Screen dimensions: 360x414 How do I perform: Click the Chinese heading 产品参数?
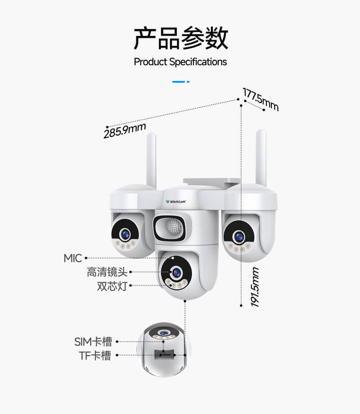coord(180,38)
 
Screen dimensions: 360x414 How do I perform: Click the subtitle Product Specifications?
coord(180,62)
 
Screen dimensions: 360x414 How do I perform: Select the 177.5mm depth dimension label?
coord(261,99)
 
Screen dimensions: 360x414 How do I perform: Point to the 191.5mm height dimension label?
coord(255,287)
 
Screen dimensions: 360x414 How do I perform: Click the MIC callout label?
coord(72,258)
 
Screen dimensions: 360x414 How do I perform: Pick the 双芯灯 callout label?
coord(112,286)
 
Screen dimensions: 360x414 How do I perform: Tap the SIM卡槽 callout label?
coord(93,341)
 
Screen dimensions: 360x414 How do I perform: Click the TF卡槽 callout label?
coord(95,356)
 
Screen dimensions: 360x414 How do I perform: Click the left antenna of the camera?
coord(152,160)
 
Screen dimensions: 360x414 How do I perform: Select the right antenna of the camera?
coord(261,157)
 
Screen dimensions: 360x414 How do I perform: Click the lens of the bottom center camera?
coord(175,272)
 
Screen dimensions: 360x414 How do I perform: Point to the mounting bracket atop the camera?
coord(211,182)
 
